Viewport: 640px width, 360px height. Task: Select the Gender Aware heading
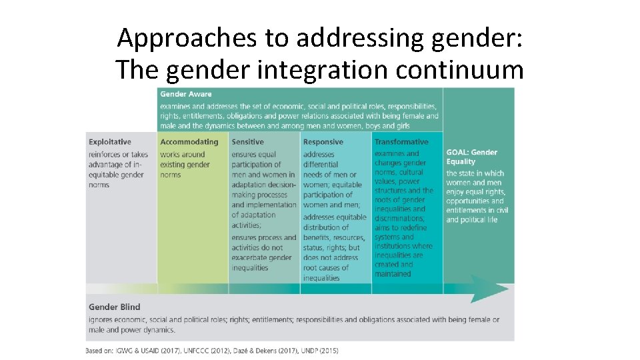click(x=186, y=94)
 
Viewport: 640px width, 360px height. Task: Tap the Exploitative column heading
click(x=110, y=142)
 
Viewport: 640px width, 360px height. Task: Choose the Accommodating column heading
click(x=189, y=142)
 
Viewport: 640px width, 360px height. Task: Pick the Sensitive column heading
click(x=248, y=142)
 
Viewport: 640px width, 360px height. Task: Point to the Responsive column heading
click(x=323, y=142)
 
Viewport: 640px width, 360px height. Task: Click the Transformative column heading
click(x=401, y=142)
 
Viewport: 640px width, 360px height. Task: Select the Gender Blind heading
click(x=115, y=307)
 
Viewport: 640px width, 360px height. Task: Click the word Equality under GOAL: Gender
click(x=461, y=161)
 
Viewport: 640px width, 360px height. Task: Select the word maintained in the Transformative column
click(x=393, y=273)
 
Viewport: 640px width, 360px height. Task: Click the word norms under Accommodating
click(x=171, y=175)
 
